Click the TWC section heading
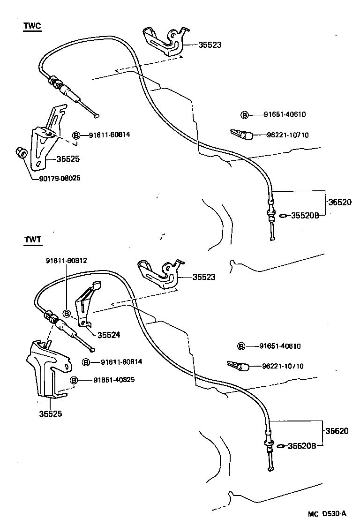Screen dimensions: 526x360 (32, 26)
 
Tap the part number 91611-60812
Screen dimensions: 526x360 (66, 261)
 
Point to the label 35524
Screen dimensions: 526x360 (109, 335)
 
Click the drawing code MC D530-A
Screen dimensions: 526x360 (327, 513)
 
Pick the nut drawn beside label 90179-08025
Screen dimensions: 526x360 (20, 152)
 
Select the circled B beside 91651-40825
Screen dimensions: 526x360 (74, 380)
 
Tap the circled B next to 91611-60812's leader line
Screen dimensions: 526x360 (67, 313)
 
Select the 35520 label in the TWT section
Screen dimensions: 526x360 (337, 431)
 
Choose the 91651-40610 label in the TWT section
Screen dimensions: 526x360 (280, 346)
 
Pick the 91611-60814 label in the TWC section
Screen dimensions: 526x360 (109, 135)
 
